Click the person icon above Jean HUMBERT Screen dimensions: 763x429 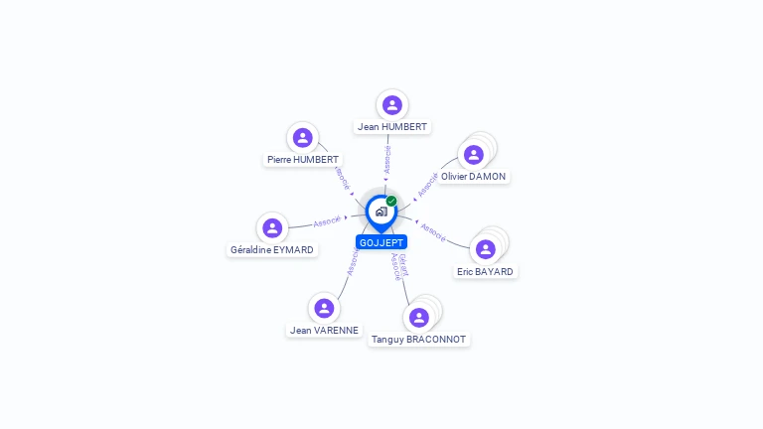[392, 104]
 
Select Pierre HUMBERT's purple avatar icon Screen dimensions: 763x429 [303, 137]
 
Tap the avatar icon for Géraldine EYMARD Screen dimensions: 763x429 [272, 227]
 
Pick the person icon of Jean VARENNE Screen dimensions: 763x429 [324, 308]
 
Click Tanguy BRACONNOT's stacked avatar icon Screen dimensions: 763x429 [419, 317]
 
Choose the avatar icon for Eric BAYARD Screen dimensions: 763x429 [485, 249]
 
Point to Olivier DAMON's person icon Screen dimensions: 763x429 [474, 155]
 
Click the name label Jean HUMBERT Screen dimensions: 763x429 [392, 127]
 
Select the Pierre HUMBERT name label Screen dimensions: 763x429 [303, 160]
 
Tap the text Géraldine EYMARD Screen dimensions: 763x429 [272, 250]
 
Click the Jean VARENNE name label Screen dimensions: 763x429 [324, 331]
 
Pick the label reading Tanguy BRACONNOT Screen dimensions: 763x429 [418, 340]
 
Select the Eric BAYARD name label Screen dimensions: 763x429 [485, 272]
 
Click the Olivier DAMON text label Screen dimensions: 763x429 [474, 177]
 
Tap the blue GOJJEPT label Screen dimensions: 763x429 [381, 242]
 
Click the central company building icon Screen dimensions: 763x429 [381, 211]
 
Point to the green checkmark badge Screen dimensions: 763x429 [391, 201]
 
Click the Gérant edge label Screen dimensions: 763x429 [402, 263]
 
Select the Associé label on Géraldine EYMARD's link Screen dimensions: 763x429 [327, 220]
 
